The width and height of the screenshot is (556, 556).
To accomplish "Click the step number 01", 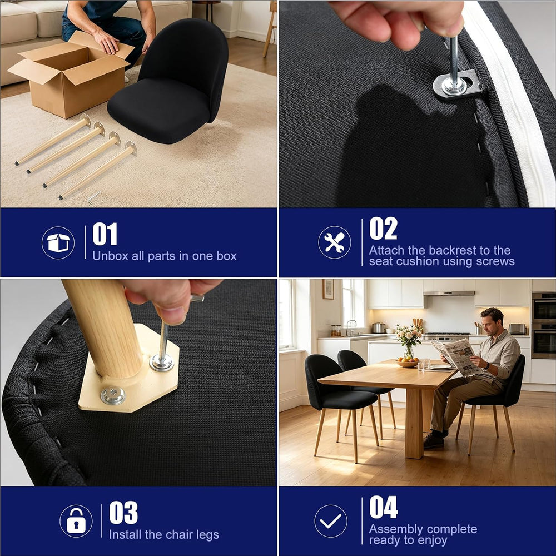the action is [x=105, y=234].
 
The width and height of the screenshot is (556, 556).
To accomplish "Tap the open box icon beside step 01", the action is [x=58, y=242].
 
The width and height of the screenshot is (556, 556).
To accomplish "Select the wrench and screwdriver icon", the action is [x=334, y=242].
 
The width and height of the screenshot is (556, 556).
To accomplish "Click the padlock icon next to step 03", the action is [x=76, y=521].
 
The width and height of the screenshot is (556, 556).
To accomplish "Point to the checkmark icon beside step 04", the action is [x=330, y=521].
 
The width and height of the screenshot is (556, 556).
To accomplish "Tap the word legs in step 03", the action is [x=207, y=535].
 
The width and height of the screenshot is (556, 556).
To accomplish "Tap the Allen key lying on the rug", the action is [x=93, y=197].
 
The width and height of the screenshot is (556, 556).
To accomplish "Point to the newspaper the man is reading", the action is [x=457, y=356].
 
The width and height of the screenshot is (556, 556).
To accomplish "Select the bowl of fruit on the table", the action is [x=407, y=362].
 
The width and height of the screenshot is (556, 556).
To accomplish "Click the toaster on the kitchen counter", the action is [x=517, y=329].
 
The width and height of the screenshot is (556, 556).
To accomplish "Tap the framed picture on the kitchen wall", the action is [x=328, y=289].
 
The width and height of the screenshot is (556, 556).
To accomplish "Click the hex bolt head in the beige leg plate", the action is [x=113, y=395].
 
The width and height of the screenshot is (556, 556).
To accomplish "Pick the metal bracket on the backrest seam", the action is [x=456, y=85].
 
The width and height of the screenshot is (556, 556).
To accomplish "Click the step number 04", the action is [x=383, y=507].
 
